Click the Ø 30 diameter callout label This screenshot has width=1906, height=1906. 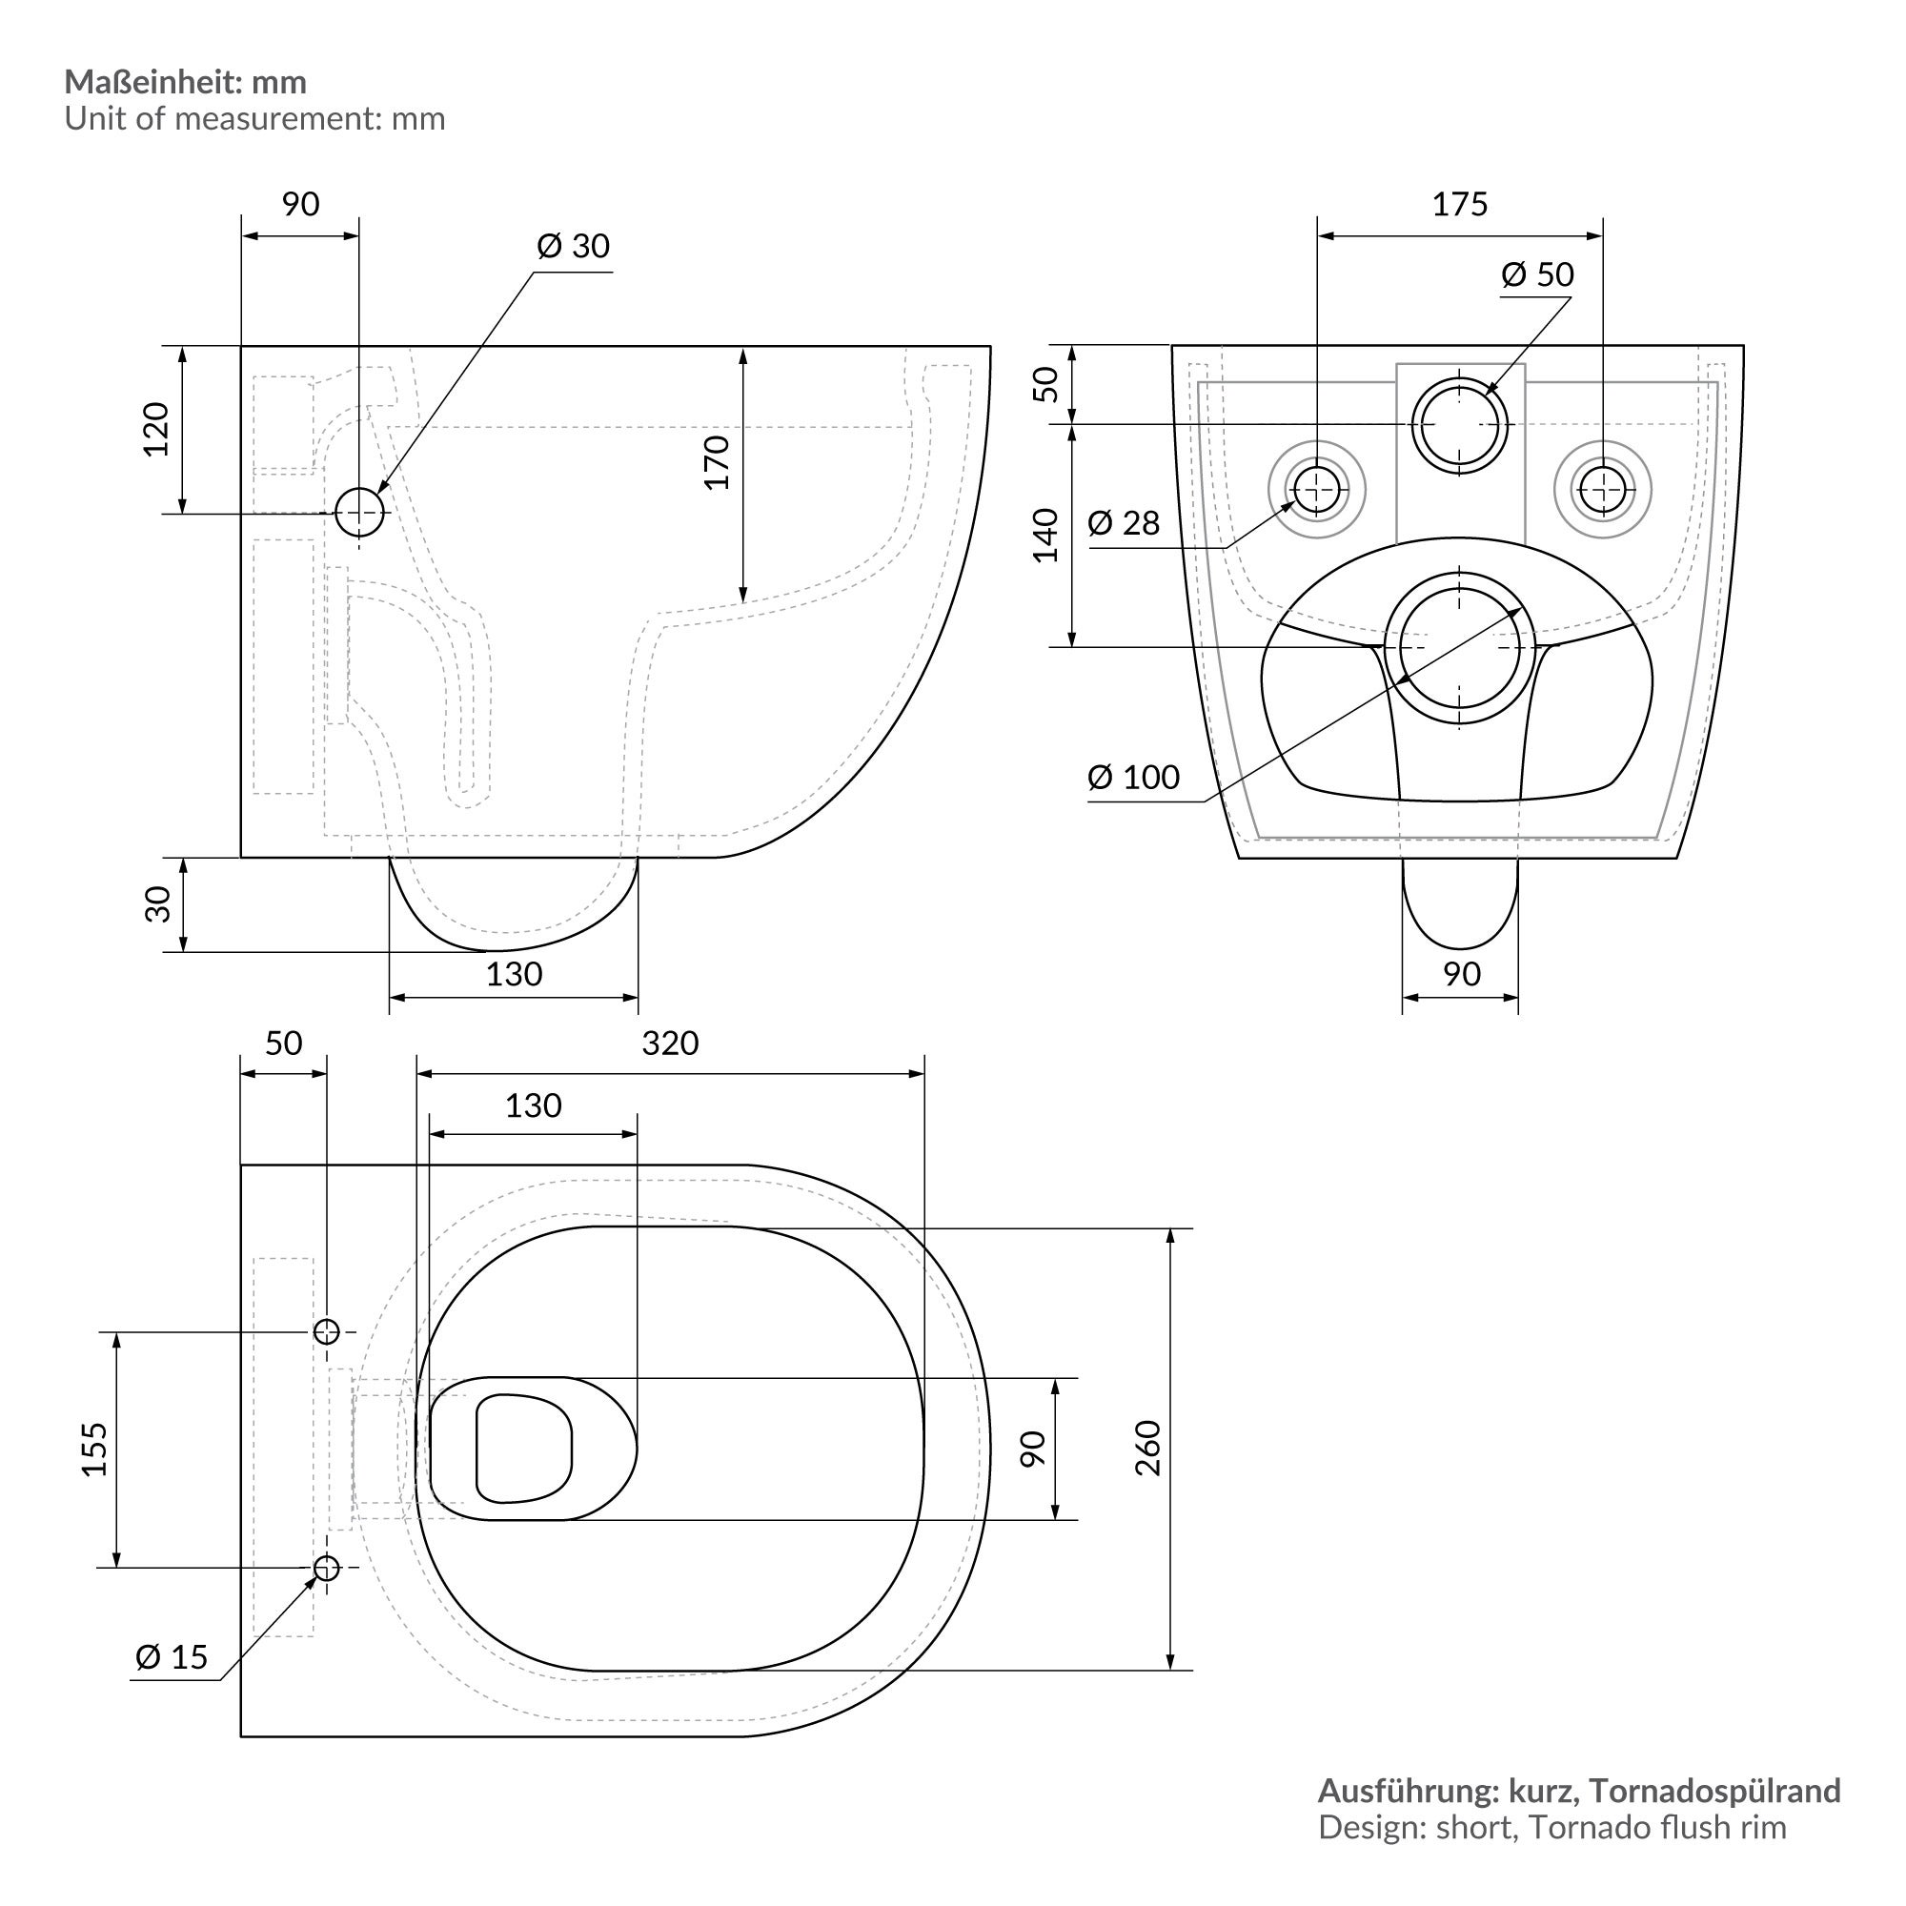(x=573, y=246)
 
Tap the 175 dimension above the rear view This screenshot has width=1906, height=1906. (x=1459, y=204)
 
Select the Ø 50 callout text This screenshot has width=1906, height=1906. (x=1537, y=274)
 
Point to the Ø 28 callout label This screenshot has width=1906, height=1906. (x=1124, y=523)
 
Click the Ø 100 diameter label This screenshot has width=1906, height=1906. (x=1133, y=778)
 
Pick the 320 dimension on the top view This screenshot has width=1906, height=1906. (x=670, y=1043)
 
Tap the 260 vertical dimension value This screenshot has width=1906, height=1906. (x=1147, y=1448)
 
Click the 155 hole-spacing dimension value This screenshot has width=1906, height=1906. (x=93, y=1449)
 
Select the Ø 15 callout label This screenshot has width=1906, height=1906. (x=172, y=1656)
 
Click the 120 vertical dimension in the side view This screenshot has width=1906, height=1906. (x=156, y=429)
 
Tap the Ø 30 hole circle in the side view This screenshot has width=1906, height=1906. (x=359, y=512)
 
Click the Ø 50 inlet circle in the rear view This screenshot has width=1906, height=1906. (x=1459, y=426)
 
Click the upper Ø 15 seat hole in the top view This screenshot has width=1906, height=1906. (x=327, y=1332)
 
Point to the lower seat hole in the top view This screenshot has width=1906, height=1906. (x=327, y=1567)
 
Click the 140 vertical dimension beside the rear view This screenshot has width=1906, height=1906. (x=1044, y=536)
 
